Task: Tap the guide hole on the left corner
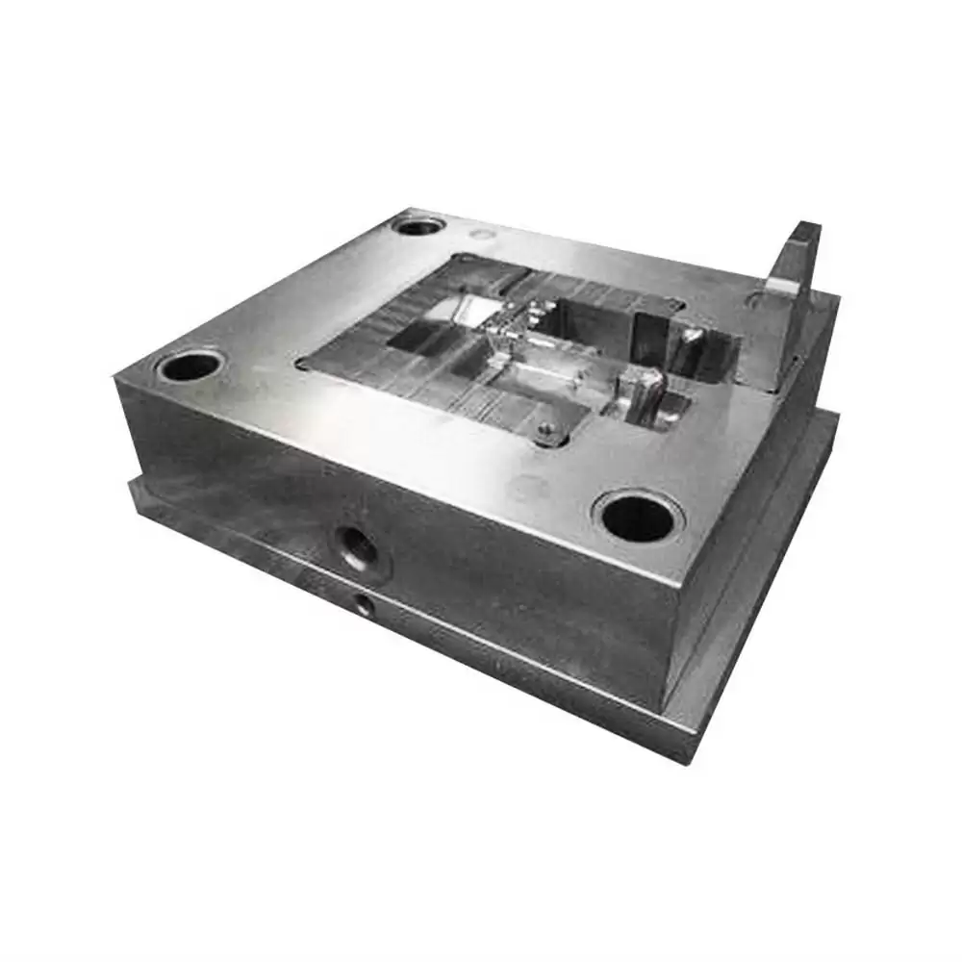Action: (190, 366)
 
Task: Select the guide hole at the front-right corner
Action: (637, 519)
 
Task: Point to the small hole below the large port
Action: (363, 603)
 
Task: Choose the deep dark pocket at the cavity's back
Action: (596, 317)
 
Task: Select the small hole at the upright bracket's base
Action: (754, 300)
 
